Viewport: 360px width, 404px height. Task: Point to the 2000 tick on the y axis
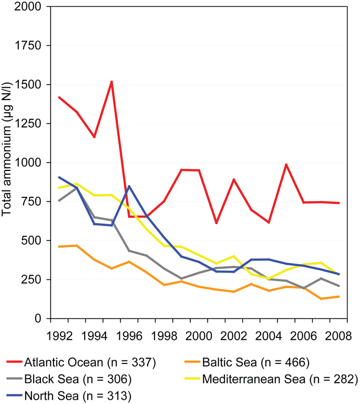click(x=31, y=7)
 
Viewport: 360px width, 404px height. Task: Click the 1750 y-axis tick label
click(x=31, y=46)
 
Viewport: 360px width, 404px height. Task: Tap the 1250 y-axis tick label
click(x=31, y=124)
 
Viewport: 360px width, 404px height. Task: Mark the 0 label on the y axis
click(x=40, y=318)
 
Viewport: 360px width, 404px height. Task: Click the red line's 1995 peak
click(x=112, y=82)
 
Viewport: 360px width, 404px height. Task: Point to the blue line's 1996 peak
click(x=129, y=186)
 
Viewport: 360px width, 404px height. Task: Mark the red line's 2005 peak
click(x=286, y=165)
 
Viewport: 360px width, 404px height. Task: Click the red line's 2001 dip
click(x=217, y=223)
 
